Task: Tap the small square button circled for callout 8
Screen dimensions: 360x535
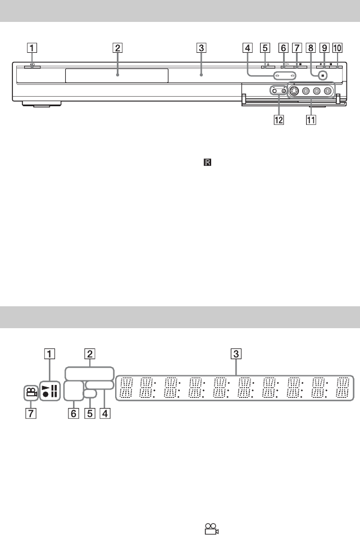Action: [321, 75]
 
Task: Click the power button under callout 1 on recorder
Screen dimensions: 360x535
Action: [33, 67]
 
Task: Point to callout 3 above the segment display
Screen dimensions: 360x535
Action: [236, 354]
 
